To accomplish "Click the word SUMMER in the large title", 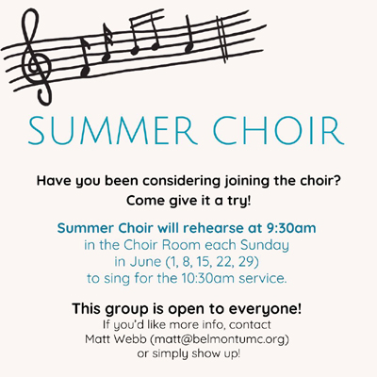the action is (110, 130).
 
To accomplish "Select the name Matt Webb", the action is (117, 339).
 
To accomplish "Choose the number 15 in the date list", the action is (204, 262).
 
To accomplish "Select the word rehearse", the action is (209, 228).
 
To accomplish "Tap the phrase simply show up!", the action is (196, 354).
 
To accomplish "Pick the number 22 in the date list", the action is (223, 262).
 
